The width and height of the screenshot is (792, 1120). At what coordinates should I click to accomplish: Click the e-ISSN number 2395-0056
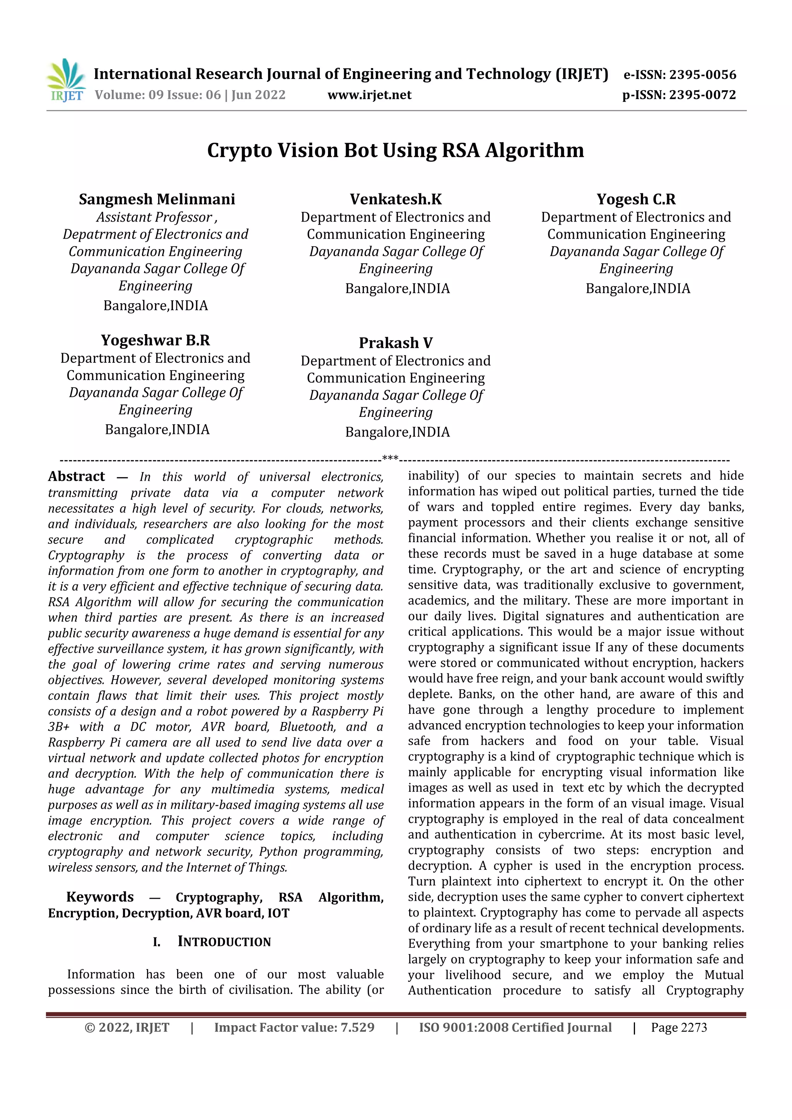tap(702, 75)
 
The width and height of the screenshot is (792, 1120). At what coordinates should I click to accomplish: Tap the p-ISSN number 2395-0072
tap(702, 95)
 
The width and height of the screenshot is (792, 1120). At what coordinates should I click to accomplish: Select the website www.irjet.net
tap(369, 95)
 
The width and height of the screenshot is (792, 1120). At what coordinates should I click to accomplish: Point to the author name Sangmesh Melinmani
tap(157, 199)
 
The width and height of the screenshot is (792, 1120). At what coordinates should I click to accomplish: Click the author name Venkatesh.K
tap(396, 199)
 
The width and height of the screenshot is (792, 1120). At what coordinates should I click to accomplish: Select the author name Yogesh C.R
tap(636, 199)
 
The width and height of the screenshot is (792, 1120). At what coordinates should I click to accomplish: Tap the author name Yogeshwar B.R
tap(155, 340)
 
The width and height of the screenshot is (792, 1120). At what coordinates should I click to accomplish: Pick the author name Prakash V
tap(396, 343)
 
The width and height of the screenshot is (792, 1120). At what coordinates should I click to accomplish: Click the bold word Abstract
tap(77, 476)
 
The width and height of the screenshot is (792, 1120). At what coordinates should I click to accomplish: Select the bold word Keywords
tap(100, 897)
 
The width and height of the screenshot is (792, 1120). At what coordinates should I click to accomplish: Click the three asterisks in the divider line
tap(390, 459)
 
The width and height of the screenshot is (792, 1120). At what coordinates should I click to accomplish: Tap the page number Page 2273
tap(678, 1028)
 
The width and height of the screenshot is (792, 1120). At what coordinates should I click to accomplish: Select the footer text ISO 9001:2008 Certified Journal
tap(515, 1028)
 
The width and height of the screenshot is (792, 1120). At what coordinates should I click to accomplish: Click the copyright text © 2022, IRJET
tap(127, 1028)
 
